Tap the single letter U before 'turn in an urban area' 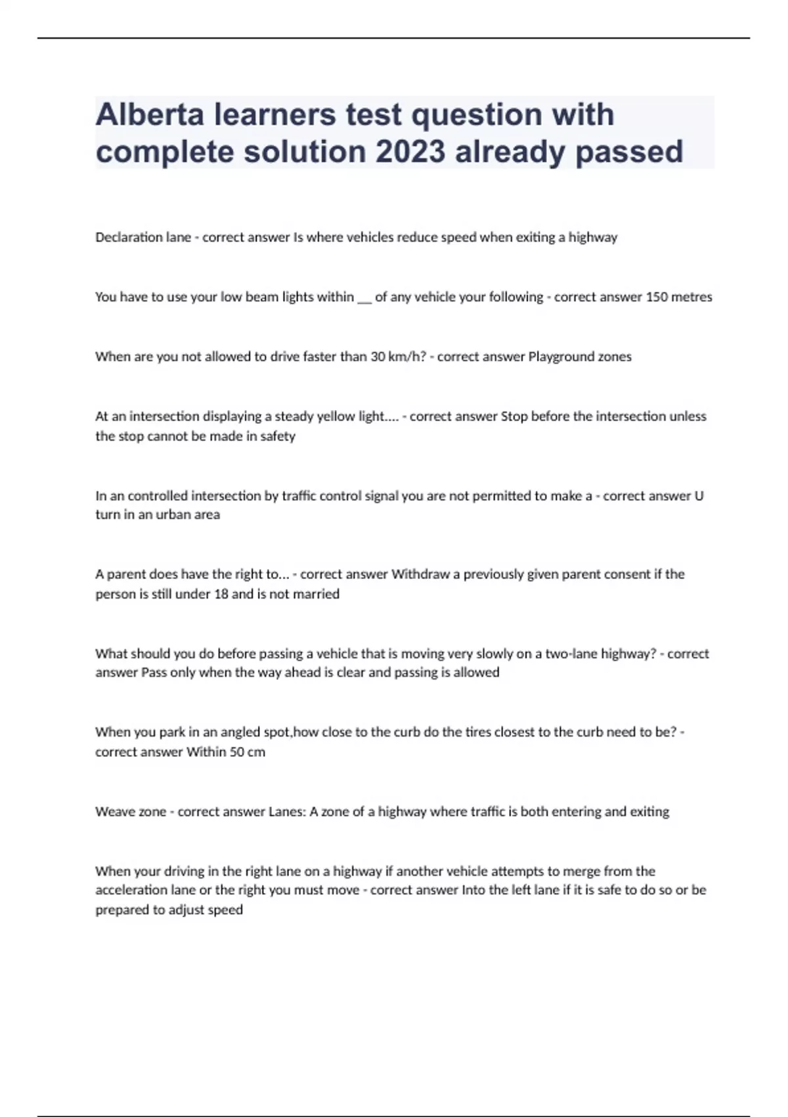click(x=699, y=496)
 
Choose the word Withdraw click(x=421, y=574)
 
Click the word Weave click(x=114, y=811)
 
